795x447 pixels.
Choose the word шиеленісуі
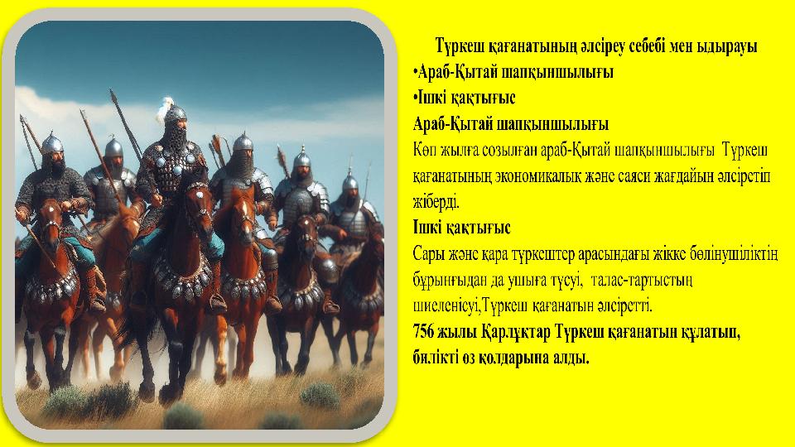tap(448, 305)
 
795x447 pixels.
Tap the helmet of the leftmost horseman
tap(52, 143)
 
